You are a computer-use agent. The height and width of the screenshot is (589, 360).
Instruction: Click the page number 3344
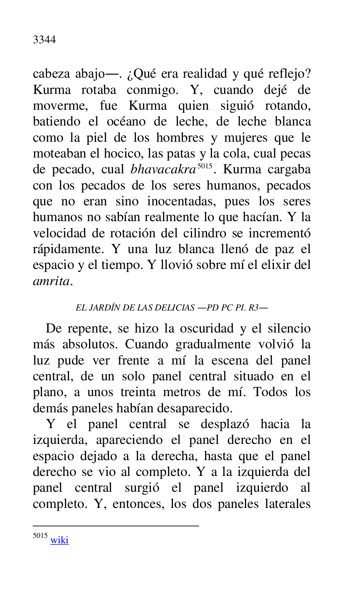click(x=44, y=40)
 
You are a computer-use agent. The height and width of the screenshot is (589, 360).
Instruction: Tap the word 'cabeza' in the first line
click(x=51, y=74)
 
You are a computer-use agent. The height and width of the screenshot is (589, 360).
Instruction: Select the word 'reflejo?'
click(x=289, y=74)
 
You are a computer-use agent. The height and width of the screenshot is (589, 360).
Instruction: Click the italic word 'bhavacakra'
click(x=163, y=170)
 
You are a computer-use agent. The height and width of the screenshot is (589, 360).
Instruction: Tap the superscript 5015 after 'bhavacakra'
click(x=204, y=166)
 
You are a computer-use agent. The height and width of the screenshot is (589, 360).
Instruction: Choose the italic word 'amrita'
click(x=52, y=281)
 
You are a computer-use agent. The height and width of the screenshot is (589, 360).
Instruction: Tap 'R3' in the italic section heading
click(x=253, y=308)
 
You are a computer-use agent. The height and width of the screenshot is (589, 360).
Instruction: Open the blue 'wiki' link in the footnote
click(x=59, y=540)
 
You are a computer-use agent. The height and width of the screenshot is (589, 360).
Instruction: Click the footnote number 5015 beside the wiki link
click(x=40, y=536)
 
